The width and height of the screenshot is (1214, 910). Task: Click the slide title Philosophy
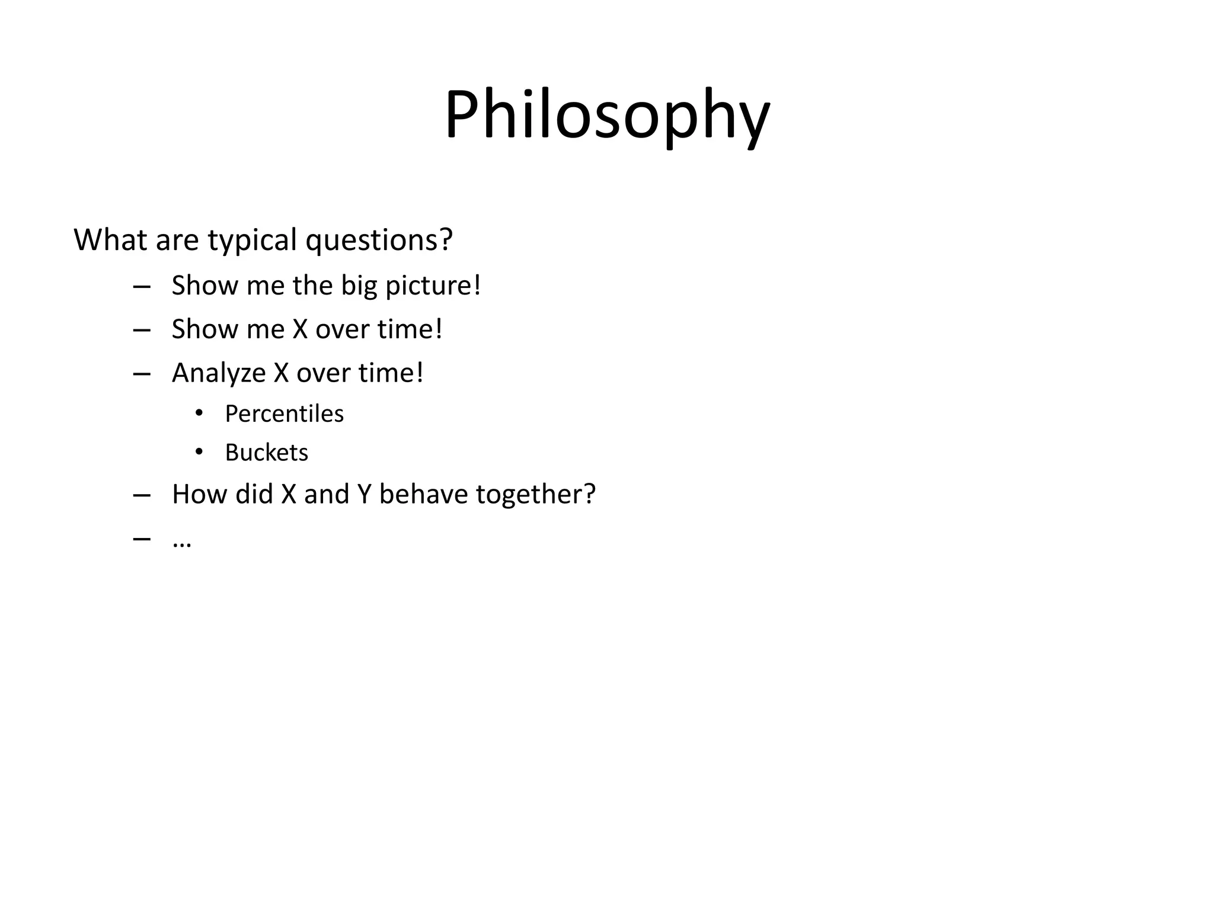pos(607,116)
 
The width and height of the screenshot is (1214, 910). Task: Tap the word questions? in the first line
pos(379,241)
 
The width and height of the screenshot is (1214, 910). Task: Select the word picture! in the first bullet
pos(433,286)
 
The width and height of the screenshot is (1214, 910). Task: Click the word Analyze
pos(219,374)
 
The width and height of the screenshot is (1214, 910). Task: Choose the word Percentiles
pos(284,414)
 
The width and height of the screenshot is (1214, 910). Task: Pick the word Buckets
pos(266,453)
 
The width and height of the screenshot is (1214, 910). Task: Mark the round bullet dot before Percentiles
pos(199,413)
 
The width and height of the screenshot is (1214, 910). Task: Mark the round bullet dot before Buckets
pos(199,452)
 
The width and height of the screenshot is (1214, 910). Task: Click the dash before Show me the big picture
pos(142,287)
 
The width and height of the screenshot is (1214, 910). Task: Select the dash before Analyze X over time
pos(142,374)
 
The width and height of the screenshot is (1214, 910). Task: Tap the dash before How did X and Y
pos(142,495)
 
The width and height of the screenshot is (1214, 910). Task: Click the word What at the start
pos(110,241)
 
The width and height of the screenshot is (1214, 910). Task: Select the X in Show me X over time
pos(300,330)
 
